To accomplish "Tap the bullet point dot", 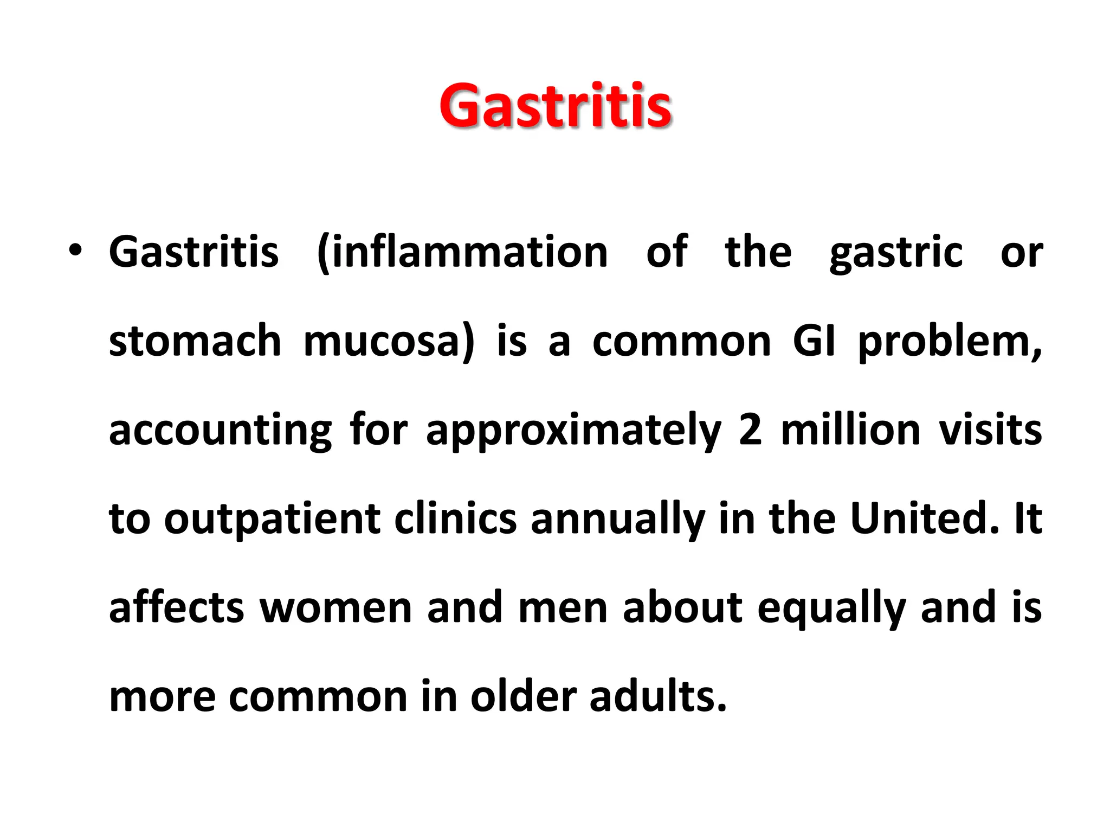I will pyautogui.click(x=75, y=251).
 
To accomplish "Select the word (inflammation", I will pyautogui.click(x=462, y=252).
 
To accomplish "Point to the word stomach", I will pyautogui.click(x=195, y=341).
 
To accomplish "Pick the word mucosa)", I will pyautogui.click(x=389, y=342).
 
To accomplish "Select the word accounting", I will pyautogui.click(x=220, y=431).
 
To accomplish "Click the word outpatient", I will pyautogui.click(x=273, y=520).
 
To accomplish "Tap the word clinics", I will pyautogui.click(x=455, y=518).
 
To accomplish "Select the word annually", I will pyautogui.click(x=618, y=520).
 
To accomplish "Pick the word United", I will pyautogui.click(x=924, y=518).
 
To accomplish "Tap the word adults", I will pyautogui.click(x=657, y=696).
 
